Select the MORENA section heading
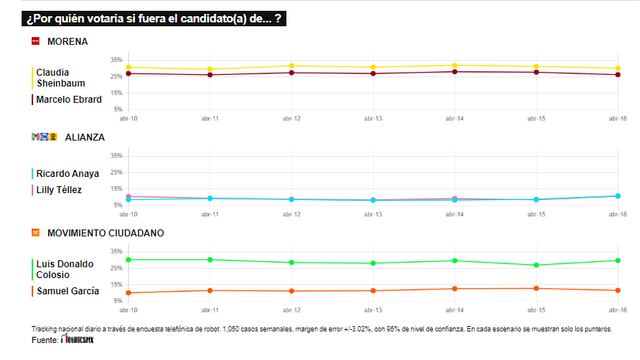(x=67, y=41)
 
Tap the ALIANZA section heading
(x=85, y=136)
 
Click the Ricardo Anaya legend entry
(x=66, y=173)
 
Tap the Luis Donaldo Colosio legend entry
(x=64, y=269)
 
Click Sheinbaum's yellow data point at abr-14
(x=455, y=66)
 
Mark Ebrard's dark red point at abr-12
(x=291, y=72)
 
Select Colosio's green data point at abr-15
(x=537, y=265)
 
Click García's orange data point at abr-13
(x=373, y=290)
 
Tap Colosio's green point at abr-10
(x=129, y=259)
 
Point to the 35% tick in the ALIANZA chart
(x=116, y=155)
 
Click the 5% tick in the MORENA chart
(x=116, y=108)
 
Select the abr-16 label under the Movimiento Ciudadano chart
(x=618, y=310)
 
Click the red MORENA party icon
(x=36, y=41)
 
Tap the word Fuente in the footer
(x=44, y=339)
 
